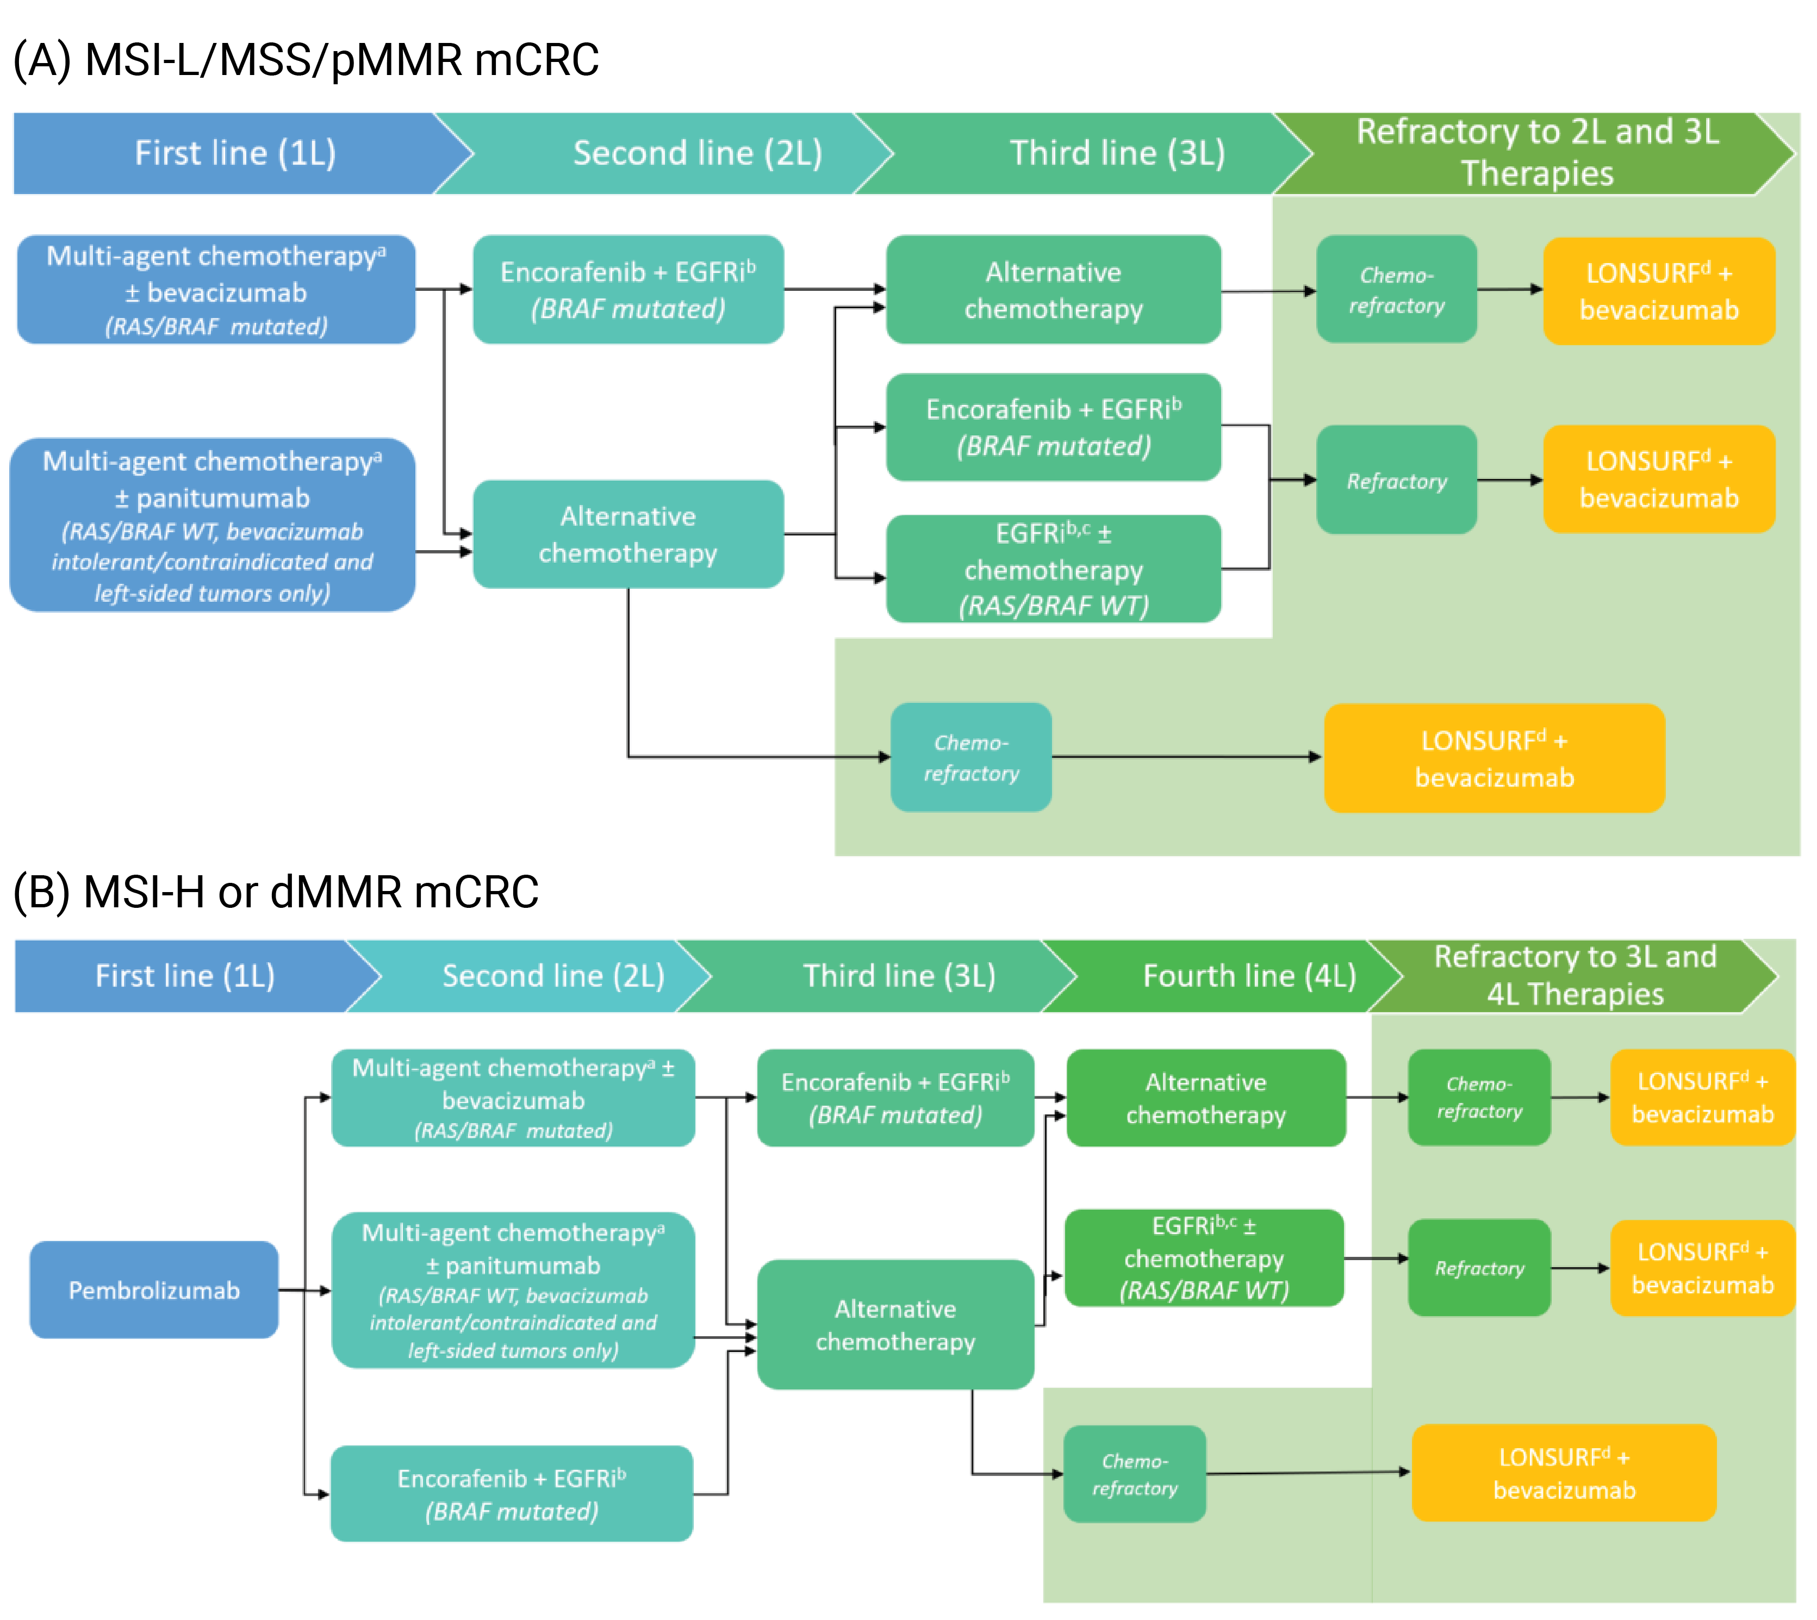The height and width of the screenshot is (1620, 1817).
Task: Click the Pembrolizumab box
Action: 154,1290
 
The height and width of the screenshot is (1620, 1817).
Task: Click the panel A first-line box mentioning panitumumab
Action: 213,525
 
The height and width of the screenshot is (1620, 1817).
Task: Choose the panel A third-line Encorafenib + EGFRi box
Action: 1053,427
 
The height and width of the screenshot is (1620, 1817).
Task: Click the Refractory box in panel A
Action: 1396,481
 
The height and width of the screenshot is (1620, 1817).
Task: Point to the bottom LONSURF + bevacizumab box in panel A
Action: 1494,758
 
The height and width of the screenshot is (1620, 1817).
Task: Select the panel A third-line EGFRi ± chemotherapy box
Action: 1053,569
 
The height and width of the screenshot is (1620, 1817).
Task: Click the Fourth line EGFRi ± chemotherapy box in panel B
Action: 1204,1258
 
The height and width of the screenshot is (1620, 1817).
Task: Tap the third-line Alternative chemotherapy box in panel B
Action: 895,1324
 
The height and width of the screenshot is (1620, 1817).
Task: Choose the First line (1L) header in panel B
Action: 185,976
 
